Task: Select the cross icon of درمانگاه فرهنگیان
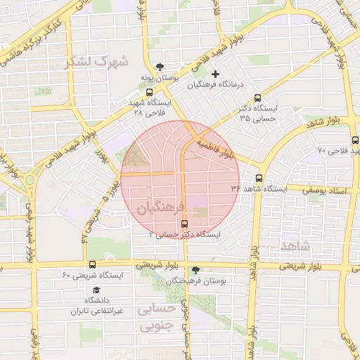point(215,74)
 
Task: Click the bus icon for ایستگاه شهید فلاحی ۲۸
point(148,92)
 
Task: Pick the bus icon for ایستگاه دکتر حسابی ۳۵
point(257,98)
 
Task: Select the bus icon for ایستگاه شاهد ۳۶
point(259,178)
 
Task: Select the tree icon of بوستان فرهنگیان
point(195,270)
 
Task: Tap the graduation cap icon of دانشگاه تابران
point(96,290)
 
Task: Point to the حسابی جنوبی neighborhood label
point(159,318)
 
